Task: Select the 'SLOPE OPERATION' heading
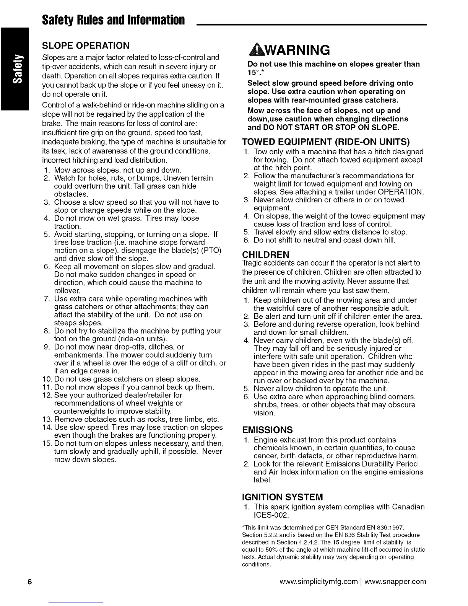tap(86, 46)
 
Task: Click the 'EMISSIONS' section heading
tap(267, 429)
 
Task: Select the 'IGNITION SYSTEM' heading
tap(283, 497)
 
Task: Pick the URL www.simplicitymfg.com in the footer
tap(318, 582)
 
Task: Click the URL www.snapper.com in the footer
tap(395, 582)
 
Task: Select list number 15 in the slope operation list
tap(47, 443)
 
